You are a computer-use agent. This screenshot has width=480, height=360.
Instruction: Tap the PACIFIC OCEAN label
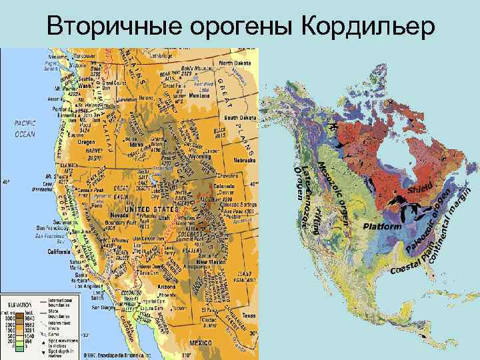(25, 129)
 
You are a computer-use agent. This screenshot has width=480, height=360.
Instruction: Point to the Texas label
(247, 315)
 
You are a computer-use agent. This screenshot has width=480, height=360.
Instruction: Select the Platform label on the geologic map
(383, 227)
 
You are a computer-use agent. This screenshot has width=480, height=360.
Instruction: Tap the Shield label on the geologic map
(421, 189)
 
